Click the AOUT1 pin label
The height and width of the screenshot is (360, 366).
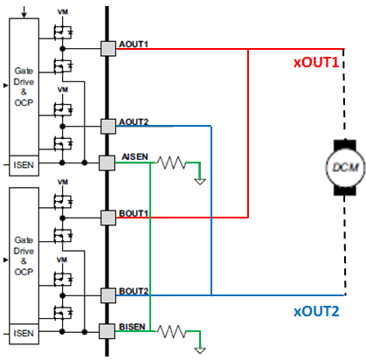coord(134,44)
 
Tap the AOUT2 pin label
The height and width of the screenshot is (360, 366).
coord(134,121)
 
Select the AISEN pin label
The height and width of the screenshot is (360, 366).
coord(135,157)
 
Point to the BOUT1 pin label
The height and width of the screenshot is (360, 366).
coord(134,213)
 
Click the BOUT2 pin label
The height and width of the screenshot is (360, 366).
coord(134,291)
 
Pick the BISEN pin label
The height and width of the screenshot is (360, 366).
coord(132,327)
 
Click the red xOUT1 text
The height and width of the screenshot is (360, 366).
coord(316,62)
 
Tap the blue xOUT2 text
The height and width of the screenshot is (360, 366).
coord(316,311)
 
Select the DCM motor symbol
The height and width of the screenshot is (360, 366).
coord(345,167)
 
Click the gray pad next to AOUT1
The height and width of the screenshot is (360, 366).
coord(108,48)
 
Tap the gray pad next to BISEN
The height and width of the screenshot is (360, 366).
coord(107,331)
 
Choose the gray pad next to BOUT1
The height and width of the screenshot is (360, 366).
coord(108,218)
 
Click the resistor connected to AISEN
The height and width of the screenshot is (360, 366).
coord(171,163)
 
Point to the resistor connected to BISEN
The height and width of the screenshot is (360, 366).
coord(171,331)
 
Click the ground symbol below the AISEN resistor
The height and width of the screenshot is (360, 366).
coord(200,182)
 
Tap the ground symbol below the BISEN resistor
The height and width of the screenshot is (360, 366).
coord(200,350)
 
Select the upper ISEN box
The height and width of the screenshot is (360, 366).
coord(24,165)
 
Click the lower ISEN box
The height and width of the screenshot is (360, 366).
coord(24,334)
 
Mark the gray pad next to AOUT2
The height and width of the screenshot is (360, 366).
coord(108,126)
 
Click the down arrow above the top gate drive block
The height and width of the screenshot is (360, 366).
coord(24,11)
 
